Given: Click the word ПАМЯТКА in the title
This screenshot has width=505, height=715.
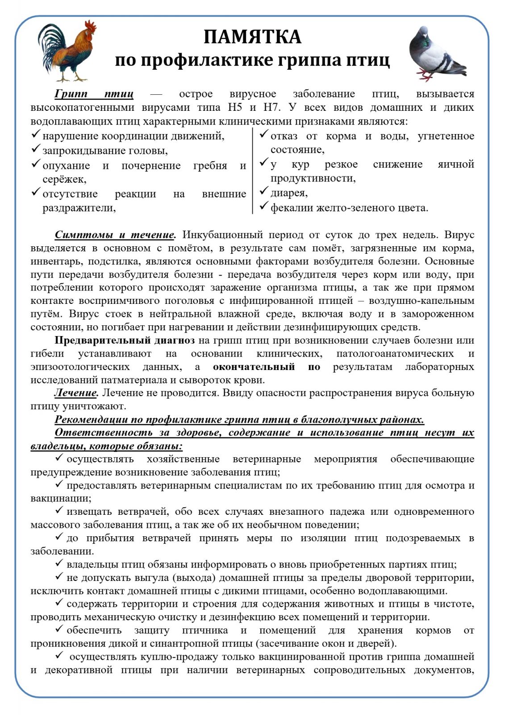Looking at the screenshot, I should [x=252, y=37].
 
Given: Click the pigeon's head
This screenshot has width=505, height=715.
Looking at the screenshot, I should [x=422, y=34].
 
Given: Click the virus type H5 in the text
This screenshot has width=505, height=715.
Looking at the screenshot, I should [x=234, y=108].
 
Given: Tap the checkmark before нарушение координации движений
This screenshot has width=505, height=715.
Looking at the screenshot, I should [x=36, y=135].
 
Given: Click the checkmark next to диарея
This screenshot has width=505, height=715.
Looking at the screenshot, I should [x=264, y=192].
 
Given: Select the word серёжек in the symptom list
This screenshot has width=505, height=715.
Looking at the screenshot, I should [x=64, y=180].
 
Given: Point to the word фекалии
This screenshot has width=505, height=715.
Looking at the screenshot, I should [x=292, y=208].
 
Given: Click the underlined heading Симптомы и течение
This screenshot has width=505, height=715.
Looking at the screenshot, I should [x=115, y=235].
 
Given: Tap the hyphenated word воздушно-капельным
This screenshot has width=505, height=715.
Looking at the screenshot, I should [x=422, y=301].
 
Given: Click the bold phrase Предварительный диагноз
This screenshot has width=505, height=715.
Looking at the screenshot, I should [x=125, y=341].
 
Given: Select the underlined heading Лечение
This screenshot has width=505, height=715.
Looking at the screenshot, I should [x=75, y=393].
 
